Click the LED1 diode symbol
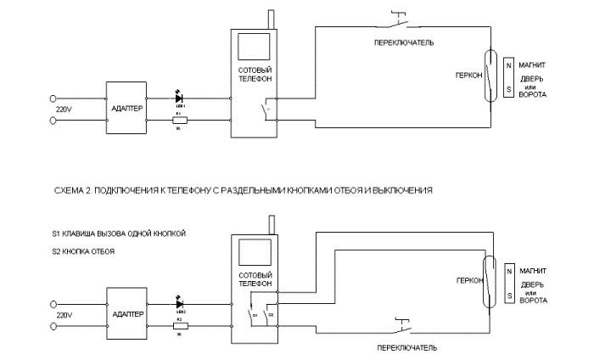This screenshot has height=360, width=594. pos(179,99)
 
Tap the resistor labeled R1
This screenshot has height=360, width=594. pos(179,121)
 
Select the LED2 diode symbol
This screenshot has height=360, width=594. pos(179,301)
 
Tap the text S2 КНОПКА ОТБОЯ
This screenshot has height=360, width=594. pos(82,252)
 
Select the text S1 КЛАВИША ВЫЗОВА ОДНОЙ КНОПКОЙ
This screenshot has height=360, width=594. pos(117,233)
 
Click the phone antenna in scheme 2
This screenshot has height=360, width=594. pos(270,223)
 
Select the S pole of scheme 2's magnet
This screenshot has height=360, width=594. pos(508,295)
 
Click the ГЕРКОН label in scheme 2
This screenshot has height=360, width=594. pos(468,278)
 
